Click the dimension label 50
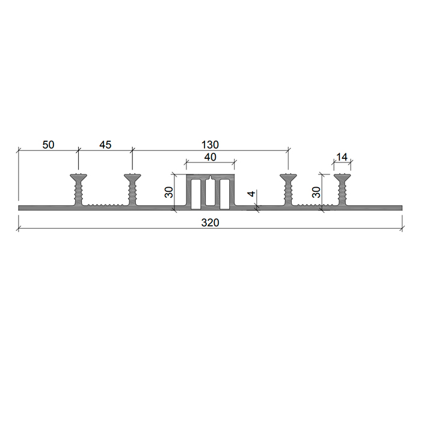48,145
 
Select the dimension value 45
105,145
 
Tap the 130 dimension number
210,145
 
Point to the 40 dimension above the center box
210,157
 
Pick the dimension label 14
342,157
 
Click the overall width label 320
210,223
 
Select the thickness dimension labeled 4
251,193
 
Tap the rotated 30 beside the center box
169,192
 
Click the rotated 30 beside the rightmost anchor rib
316,192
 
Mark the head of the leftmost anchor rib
78,177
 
